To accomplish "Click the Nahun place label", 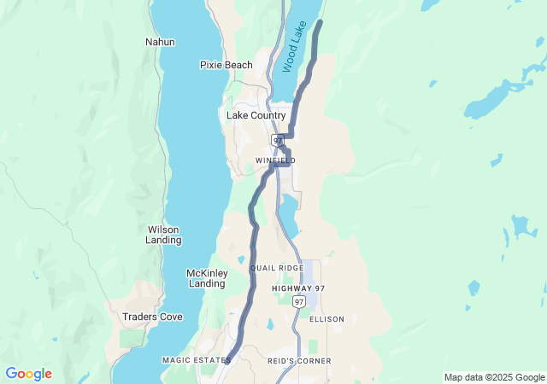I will pos(160,42).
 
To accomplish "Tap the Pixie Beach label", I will pos(226,65).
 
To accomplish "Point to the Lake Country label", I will pos(256,115).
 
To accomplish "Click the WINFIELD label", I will pos(275,160).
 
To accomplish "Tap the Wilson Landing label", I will pos(164,235).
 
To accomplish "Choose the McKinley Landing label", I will pos(207,278).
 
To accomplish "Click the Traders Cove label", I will pos(152,317).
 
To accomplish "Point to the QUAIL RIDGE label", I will pos(276,268).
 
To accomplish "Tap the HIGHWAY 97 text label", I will pos(298,288).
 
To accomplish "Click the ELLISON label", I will pos(326,319).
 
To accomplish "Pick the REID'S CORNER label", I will pos(299,361).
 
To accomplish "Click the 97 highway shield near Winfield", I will pos(278,139).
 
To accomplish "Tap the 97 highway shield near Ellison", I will pos(298,302).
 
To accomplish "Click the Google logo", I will pos(28,374).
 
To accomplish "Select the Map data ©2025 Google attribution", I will pos(494,377).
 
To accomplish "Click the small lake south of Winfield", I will pos(288,213).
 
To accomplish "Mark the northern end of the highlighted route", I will pos(321,20).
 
